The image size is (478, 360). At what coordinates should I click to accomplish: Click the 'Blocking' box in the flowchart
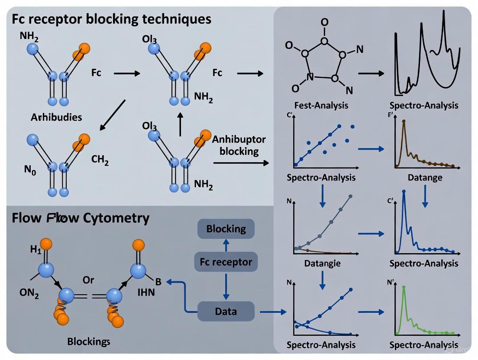(226, 228)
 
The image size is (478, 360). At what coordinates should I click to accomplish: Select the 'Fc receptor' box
(226, 261)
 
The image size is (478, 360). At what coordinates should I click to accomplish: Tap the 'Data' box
(226, 311)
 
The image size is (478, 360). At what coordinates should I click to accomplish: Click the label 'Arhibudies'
(56, 117)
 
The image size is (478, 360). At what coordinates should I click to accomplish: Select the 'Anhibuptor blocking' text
(239, 145)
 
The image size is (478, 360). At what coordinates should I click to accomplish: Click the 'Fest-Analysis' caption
(321, 105)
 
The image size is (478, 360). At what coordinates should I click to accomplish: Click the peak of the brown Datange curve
(404, 121)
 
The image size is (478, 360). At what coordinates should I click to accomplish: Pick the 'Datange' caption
(425, 177)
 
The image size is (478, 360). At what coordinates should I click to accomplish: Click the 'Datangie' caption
(323, 263)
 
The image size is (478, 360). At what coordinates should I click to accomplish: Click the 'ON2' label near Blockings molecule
(29, 294)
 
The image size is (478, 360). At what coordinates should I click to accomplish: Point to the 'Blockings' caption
(89, 341)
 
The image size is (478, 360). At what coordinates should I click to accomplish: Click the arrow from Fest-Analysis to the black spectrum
(371, 73)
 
